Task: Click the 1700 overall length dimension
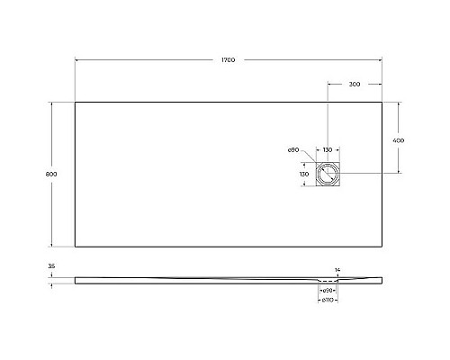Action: coord(228,59)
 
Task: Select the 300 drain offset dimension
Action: coord(354,84)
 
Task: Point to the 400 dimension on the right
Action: coord(398,141)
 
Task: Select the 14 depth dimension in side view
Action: coord(337,270)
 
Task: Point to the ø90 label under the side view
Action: coord(328,291)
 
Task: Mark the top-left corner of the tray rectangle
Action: coord(75,101)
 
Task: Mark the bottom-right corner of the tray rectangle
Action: coord(382,247)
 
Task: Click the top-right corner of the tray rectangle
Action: coord(382,101)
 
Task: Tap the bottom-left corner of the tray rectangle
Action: coord(75,247)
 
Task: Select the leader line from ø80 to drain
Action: coord(308,155)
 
